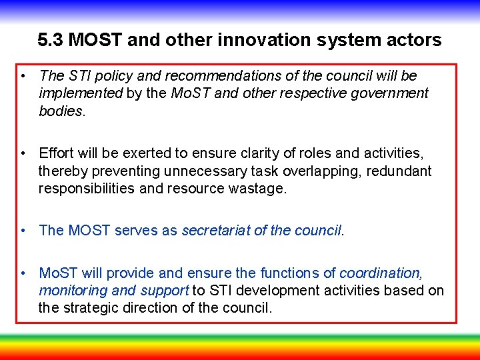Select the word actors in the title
click(415, 41)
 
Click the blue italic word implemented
click(81, 93)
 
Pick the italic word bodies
click(60, 111)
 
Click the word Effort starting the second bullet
click(58, 154)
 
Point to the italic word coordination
click(381, 273)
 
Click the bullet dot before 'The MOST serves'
click(24, 231)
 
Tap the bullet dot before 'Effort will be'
click(24, 154)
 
